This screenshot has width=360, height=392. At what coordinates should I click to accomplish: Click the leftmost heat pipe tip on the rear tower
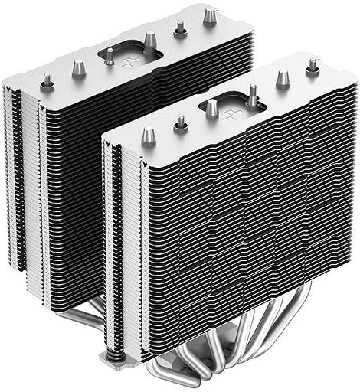click(47, 80)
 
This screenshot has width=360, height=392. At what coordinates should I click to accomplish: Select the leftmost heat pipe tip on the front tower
click(149, 136)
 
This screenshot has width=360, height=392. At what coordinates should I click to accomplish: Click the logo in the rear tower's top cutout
click(128, 56)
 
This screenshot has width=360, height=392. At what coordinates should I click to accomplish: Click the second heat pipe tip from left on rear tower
click(78, 67)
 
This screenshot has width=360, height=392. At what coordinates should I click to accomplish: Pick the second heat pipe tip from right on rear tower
click(181, 29)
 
